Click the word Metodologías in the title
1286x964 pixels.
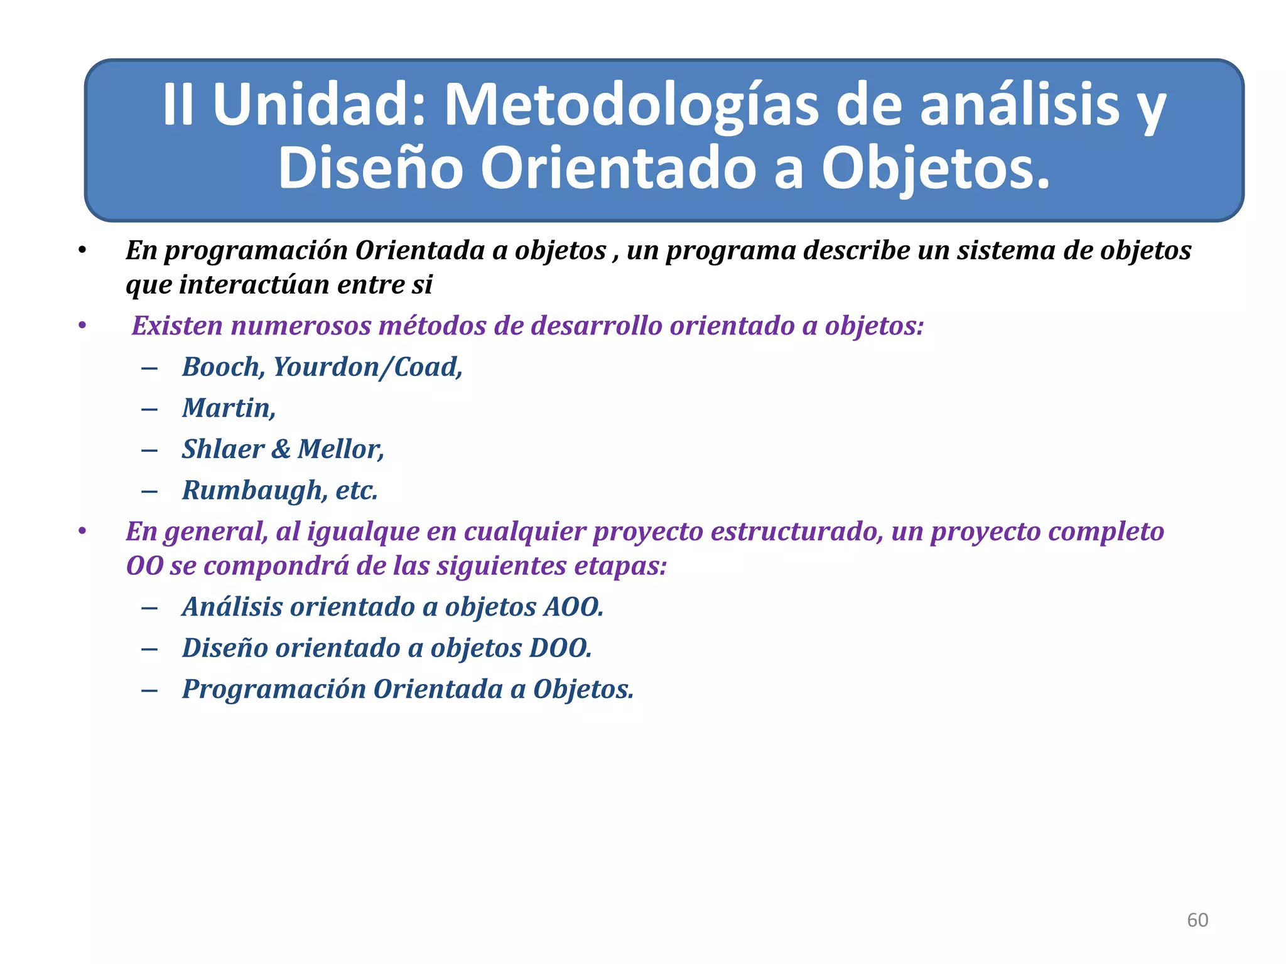(x=631, y=105)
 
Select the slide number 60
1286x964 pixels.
(x=1197, y=920)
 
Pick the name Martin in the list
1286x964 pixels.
(x=227, y=409)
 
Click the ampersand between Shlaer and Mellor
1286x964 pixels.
(x=281, y=449)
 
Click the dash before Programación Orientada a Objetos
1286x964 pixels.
(x=149, y=690)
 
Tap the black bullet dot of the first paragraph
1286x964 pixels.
(x=82, y=251)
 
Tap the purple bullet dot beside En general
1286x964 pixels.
(x=82, y=532)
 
